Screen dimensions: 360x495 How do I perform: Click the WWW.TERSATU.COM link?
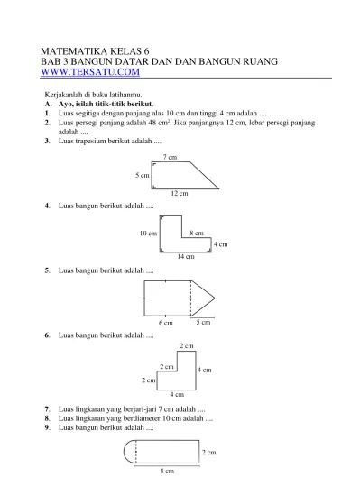pyautogui.click(x=90, y=72)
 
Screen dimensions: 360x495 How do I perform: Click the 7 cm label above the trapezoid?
pyautogui.click(x=170, y=157)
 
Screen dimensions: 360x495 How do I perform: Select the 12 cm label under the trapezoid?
pyautogui.click(x=180, y=193)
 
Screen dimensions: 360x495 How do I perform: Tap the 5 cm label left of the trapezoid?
pyautogui.click(x=143, y=175)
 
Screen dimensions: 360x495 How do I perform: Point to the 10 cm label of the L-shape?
pyautogui.click(x=148, y=234)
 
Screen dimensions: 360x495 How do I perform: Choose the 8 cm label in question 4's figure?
pyautogui.click(x=197, y=233)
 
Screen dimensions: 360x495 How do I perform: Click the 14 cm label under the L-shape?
pyautogui.click(x=186, y=256)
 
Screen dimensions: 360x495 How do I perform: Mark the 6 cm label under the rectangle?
pyautogui.click(x=166, y=323)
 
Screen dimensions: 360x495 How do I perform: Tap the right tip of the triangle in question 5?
pyautogui.click(x=215, y=298)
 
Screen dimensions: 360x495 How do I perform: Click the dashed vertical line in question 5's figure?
pyautogui.click(x=191, y=298)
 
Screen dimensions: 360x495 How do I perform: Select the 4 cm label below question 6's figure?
pyautogui.click(x=177, y=394)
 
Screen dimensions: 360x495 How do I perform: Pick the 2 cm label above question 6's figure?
pyautogui.click(x=187, y=345)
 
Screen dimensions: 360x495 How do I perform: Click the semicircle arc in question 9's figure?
pyautogui.click(x=124, y=452)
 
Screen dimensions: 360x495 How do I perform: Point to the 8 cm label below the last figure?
pyautogui.click(x=167, y=471)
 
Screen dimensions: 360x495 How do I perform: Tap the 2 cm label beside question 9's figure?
pyautogui.click(x=209, y=452)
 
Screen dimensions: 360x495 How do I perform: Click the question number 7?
pyautogui.click(x=47, y=409)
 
